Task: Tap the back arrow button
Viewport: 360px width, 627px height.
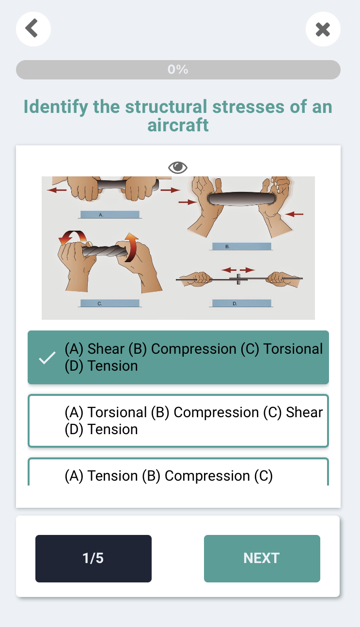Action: coord(33,29)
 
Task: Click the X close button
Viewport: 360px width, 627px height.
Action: coord(323,29)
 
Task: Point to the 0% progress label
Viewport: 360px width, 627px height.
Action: coord(178,69)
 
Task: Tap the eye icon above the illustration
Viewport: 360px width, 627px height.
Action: coord(178,167)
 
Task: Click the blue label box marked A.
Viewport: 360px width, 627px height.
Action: coord(110,215)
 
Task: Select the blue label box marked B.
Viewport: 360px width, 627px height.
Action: coord(242,247)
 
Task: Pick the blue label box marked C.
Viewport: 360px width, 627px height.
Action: coord(110,303)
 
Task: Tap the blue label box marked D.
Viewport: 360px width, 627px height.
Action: coord(242,303)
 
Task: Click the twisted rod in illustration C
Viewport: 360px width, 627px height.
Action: coord(105,251)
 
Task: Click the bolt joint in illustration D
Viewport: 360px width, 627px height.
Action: coord(238,279)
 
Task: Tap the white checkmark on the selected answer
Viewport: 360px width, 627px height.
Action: coord(47,358)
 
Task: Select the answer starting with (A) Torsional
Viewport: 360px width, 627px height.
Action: coord(178,421)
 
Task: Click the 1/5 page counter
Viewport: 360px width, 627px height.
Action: coord(93,559)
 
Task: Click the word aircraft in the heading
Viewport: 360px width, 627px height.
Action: coord(178,125)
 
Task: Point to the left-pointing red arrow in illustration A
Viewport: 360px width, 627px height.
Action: coord(57,190)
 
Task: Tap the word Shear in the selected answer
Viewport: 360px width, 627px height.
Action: coord(106,349)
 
